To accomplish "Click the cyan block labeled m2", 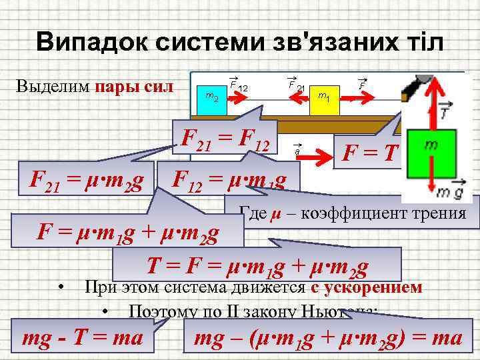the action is (x=213, y=100).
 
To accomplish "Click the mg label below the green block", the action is (x=449, y=193).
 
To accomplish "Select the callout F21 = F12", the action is (x=225, y=138).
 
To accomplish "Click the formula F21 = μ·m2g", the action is (x=85, y=179).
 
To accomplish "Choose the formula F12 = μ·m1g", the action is (x=229, y=179).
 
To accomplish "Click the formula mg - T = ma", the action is (x=83, y=337).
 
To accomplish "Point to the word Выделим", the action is (x=53, y=87).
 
